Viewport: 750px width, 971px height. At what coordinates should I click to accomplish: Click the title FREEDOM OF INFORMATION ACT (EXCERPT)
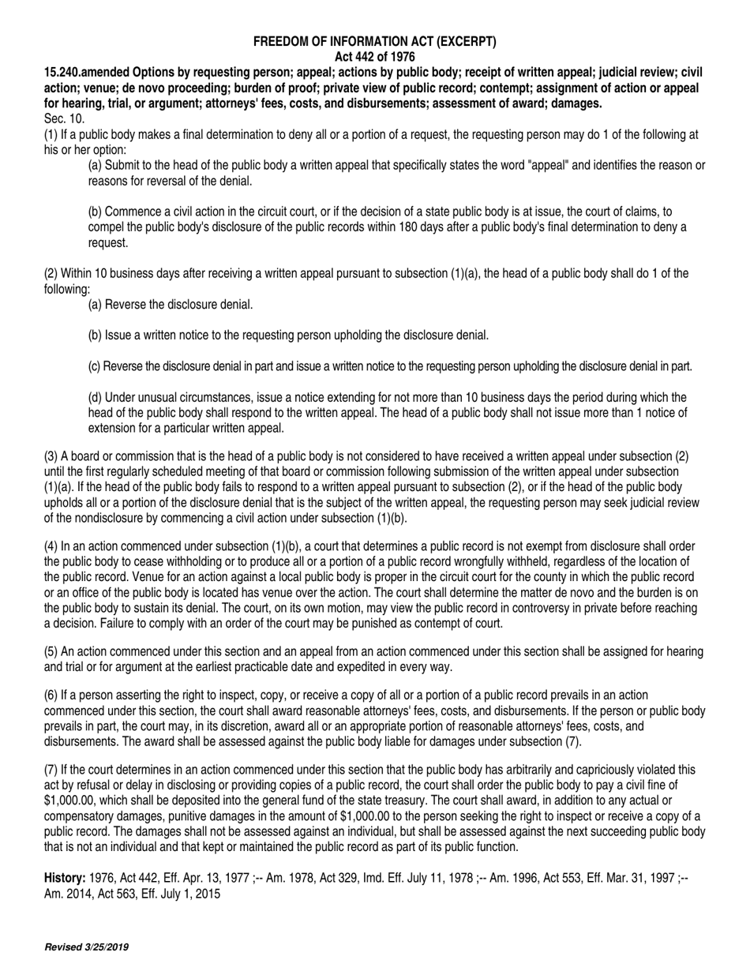(375, 43)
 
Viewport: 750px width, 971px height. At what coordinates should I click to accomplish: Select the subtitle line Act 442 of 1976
(375, 57)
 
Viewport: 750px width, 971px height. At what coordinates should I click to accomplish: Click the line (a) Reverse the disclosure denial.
(171, 304)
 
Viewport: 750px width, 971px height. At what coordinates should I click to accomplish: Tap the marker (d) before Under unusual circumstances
(95, 397)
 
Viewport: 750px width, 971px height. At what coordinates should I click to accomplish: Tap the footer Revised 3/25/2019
(87, 947)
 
